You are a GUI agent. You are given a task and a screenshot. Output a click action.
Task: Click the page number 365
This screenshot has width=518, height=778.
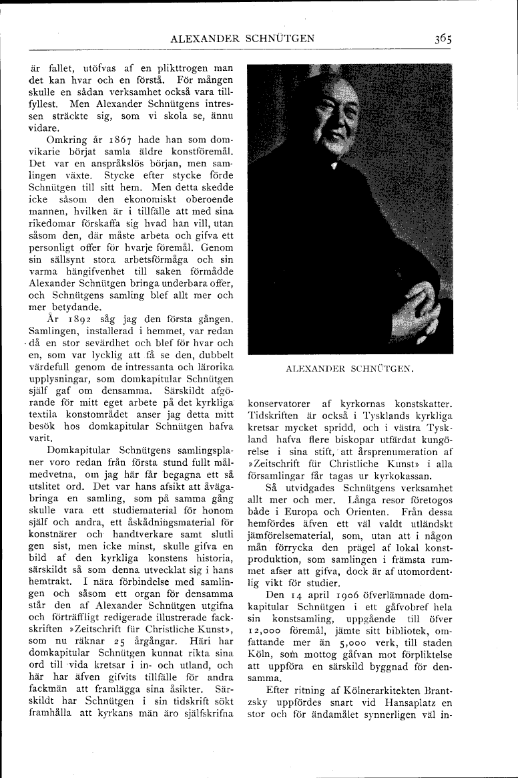(x=441, y=39)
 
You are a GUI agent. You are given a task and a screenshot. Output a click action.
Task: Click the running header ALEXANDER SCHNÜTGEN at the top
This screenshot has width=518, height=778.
(x=242, y=39)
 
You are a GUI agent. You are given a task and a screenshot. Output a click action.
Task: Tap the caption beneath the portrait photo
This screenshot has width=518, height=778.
(x=350, y=368)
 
